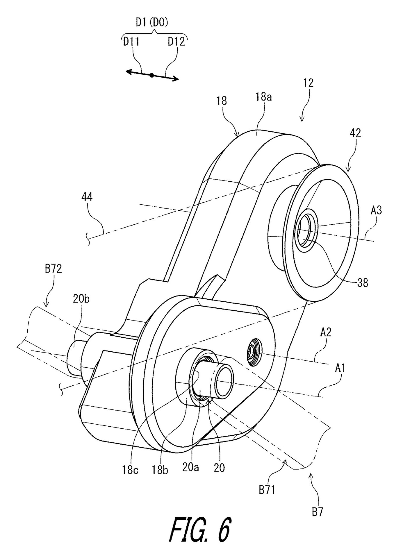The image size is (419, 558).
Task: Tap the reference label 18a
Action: (264, 97)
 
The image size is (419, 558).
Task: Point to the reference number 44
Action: (87, 197)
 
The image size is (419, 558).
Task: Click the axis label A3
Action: (376, 210)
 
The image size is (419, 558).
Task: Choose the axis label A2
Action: (326, 332)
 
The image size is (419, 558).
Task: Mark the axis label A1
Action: (340, 369)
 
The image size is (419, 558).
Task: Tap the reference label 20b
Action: (81, 299)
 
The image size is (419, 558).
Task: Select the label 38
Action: (362, 282)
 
